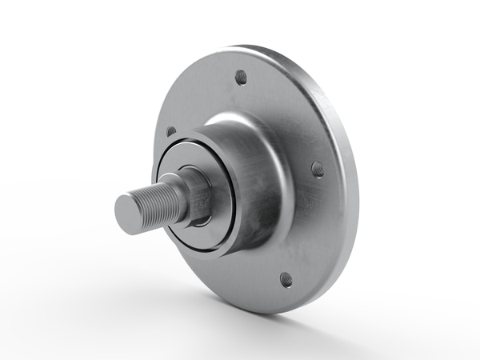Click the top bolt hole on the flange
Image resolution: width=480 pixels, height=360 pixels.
[241, 77]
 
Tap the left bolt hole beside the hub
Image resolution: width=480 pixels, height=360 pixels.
[170, 131]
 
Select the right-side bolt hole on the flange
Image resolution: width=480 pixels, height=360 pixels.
[317, 169]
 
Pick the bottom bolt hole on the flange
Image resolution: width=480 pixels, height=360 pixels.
[286, 279]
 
